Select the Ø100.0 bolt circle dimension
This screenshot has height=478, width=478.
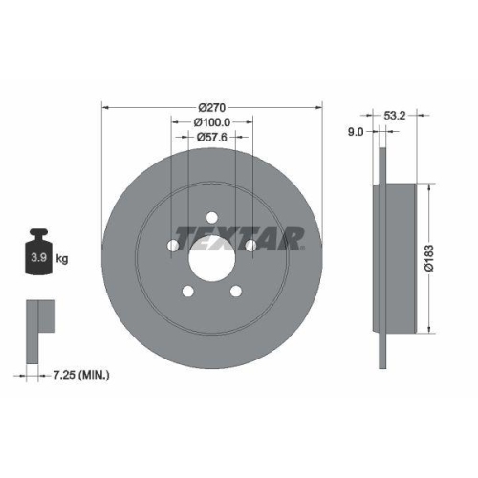click(x=211, y=122)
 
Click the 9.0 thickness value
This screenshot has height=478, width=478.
click(x=355, y=133)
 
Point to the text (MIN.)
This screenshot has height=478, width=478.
click(x=94, y=374)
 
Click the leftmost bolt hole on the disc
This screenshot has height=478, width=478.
click(x=173, y=246)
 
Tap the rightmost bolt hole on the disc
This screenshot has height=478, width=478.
click(x=251, y=246)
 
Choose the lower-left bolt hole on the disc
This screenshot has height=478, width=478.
click(x=188, y=292)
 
